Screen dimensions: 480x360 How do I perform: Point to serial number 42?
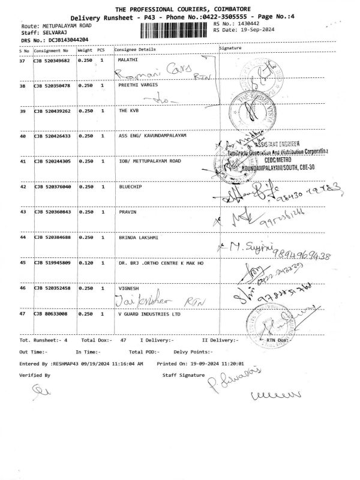[23, 187]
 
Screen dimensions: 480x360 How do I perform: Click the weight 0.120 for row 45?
[85, 262]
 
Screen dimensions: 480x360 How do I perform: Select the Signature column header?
[231, 47]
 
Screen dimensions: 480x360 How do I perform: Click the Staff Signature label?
[183, 374]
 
